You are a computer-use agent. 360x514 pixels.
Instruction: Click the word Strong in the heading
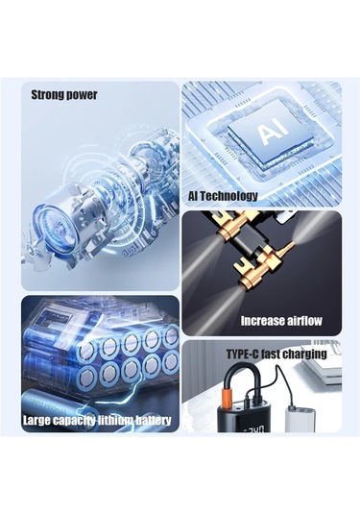click(47, 95)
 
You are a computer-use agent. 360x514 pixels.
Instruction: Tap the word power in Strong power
click(82, 95)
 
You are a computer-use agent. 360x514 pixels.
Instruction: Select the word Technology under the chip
click(228, 196)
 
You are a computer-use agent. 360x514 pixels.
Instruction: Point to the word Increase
click(260, 321)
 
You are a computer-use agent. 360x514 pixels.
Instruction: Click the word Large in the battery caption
click(36, 420)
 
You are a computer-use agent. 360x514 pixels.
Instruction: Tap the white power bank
click(297, 417)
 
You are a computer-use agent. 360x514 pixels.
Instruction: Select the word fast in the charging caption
click(271, 355)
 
